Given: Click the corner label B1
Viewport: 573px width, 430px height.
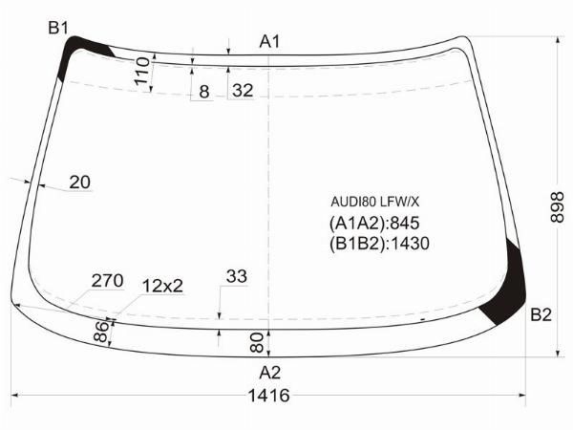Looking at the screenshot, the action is point(58,28).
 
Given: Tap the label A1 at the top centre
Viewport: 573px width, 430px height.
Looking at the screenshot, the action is point(269,41).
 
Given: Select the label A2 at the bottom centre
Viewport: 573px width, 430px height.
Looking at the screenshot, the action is point(269,373).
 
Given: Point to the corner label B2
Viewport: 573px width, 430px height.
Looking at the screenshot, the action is point(541,314).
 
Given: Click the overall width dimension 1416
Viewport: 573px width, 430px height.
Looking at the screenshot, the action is point(268,396).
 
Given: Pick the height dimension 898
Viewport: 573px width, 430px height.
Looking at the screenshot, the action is point(557,207).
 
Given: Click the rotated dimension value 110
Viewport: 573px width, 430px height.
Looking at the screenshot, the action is point(142,72).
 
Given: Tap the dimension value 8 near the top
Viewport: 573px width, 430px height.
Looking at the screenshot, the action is point(204,92).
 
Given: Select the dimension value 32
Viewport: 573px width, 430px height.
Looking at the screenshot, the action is point(243,90).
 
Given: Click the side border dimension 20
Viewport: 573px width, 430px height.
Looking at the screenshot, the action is point(80,182).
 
